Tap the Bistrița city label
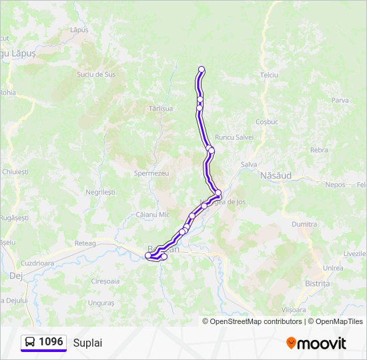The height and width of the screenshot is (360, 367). coord(317,283)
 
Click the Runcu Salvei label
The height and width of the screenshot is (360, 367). coord(234,137)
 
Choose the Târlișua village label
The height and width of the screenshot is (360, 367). coord(161,108)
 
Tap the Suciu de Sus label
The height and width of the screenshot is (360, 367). coord(96,75)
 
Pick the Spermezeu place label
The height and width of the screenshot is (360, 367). coord(151,173)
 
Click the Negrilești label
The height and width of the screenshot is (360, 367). coord(100,191)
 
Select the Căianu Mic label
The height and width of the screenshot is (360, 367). coord(153,215)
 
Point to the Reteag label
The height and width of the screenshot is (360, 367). coord(85,244)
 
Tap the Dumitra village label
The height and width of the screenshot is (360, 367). coord(304,225)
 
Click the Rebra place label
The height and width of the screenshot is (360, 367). coord(319,150)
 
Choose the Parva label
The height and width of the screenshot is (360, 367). coord(340,100)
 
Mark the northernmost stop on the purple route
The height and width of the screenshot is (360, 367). coord(202,69)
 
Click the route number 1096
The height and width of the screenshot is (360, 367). coord(51,342)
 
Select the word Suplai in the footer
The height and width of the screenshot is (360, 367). coord(88,343)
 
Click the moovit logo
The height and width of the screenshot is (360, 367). coord(316,343)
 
